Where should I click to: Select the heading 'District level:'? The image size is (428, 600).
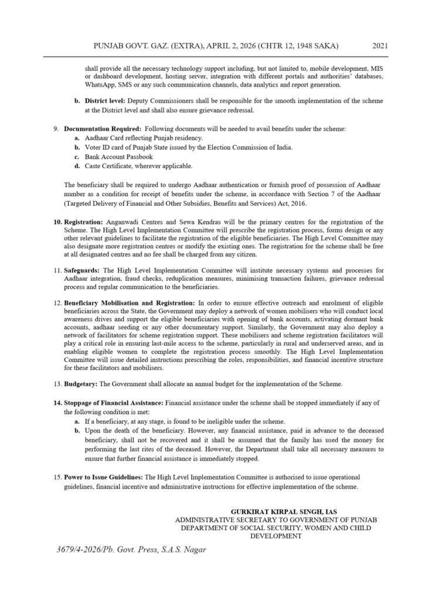[x=104, y=101]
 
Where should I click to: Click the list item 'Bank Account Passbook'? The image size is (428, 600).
[x=118, y=156]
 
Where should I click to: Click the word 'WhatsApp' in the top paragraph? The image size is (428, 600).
[x=99, y=85]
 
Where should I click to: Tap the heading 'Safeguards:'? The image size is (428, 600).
[x=81, y=270]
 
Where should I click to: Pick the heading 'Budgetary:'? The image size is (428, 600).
[x=81, y=384]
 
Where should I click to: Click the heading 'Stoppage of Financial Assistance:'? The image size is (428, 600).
[x=114, y=404]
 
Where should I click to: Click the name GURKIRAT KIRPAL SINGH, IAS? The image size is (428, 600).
[x=284, y=512]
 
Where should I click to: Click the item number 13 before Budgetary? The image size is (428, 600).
[x=57, y=384]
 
